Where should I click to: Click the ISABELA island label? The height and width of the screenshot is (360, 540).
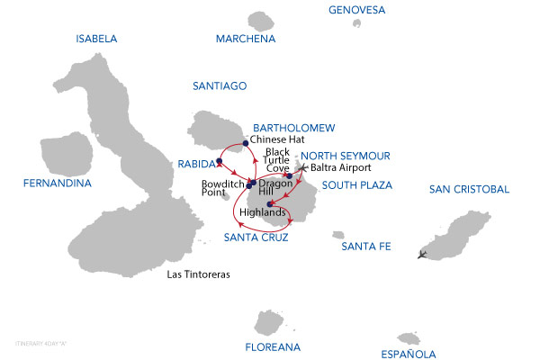(x=97, y=39)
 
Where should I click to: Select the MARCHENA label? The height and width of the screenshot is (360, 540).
(x=244, y=39)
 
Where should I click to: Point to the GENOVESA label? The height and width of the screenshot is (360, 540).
(x=358, y=10)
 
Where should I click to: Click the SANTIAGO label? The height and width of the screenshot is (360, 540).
(x=220, y=85)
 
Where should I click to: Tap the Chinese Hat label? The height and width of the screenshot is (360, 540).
(x=278, y=140)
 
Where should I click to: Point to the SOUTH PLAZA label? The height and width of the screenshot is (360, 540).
(x=355, y=186)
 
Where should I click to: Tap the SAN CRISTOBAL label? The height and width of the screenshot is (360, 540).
(x=469, y=189)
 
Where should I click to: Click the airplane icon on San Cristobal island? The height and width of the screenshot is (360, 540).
(x=423, y=254)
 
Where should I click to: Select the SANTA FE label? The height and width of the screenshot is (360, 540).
(x=363, y=247)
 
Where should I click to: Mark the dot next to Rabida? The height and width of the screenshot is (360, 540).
(x=220, y=162)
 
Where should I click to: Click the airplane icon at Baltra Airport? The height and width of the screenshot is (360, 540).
(x=302, y=167)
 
